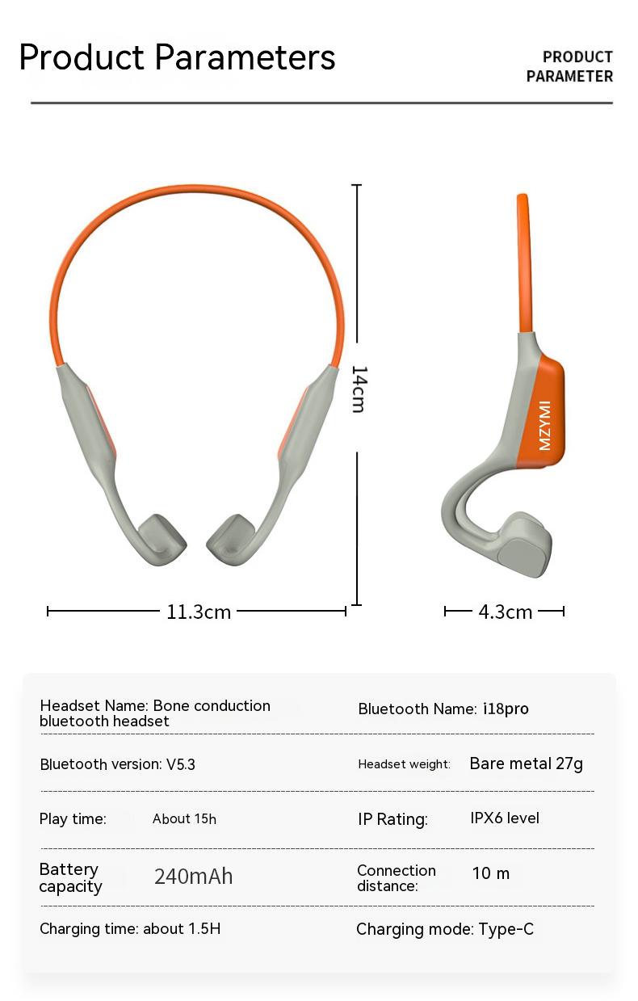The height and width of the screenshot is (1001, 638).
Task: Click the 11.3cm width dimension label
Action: [x=199, y=612]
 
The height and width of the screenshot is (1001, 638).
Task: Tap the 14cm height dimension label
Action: [x=359, y=389]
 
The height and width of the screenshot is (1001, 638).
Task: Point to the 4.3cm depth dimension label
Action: [x=505, y=612]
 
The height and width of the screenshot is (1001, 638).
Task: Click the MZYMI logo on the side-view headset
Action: [x=544, y=425]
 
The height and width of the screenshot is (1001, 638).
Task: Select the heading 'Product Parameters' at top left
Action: [x=177, y=57]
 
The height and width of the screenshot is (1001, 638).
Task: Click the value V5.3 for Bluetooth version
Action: [x=181, y=764]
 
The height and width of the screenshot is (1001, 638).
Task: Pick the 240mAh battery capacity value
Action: [x=193, y=877]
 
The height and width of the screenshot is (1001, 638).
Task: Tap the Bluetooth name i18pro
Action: [x=506, y=709]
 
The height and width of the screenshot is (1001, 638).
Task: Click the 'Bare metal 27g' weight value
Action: [x=526, y=763]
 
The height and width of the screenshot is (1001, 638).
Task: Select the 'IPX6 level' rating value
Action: [x=505, y=818]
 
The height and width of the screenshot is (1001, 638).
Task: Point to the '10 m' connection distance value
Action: [x=491, y=873]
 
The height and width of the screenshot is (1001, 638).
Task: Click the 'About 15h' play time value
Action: [x=184, y=819]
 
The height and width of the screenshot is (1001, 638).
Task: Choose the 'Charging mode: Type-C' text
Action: [x=445, y=930]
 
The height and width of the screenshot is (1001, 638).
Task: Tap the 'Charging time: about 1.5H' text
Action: [x=130, y=929]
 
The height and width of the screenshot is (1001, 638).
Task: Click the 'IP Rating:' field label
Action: [x=392, y=819]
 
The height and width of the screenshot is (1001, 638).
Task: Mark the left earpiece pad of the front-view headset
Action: [x=162, y=539]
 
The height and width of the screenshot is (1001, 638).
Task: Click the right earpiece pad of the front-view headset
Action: [x=230, y=539]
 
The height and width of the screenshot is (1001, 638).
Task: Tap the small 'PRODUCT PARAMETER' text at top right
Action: [x=570, y=67]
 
